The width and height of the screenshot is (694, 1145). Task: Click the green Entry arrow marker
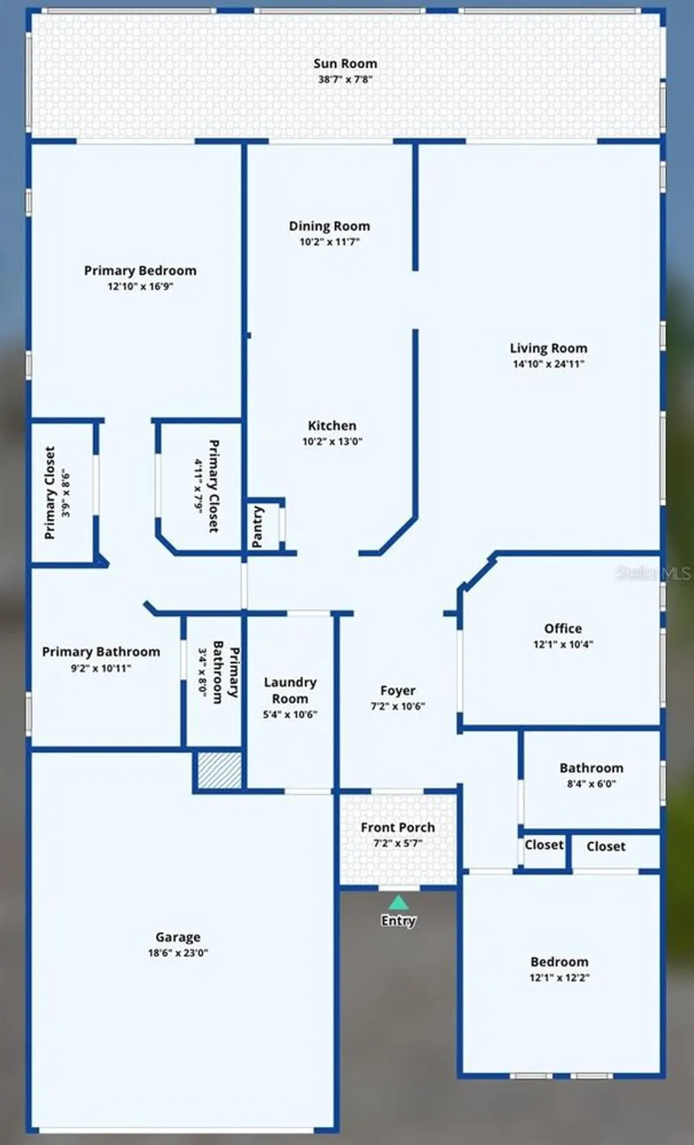[398, 903]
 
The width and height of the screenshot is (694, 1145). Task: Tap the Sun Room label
[345, 63]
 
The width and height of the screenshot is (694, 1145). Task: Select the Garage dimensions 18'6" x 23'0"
[178, 953]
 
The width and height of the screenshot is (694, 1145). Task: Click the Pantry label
[258, 526]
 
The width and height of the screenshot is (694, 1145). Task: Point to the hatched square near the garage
[219, 769]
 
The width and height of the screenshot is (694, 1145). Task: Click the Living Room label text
[548, 348]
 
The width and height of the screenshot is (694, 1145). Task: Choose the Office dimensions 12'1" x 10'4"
[563, 644]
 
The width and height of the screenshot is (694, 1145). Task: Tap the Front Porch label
[398, 827]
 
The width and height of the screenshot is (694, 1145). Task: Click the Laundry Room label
[290, 690]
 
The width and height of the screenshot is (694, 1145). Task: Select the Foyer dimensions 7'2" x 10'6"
[398, 706]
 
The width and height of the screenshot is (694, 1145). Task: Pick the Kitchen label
[332, 425]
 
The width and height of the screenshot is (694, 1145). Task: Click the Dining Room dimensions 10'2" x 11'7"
[329, 242]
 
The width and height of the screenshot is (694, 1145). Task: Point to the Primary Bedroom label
[140, 270]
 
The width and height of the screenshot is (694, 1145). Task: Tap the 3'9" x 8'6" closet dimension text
[66, 493]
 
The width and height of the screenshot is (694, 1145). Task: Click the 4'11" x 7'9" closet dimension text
[198, 485]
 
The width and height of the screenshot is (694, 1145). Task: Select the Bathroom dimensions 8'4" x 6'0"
[591, 784]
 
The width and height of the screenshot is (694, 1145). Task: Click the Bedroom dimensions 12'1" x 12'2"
[560, 978]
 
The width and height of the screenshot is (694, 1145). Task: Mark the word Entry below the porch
[398, 921]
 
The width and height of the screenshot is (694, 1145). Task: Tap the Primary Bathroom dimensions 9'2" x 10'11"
[101, 668]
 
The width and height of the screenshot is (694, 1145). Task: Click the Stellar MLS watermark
[653, 572]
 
